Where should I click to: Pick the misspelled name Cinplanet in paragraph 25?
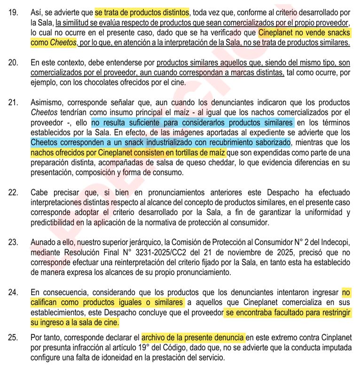tap(329, 337)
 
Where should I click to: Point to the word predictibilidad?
tap(56, 223)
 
